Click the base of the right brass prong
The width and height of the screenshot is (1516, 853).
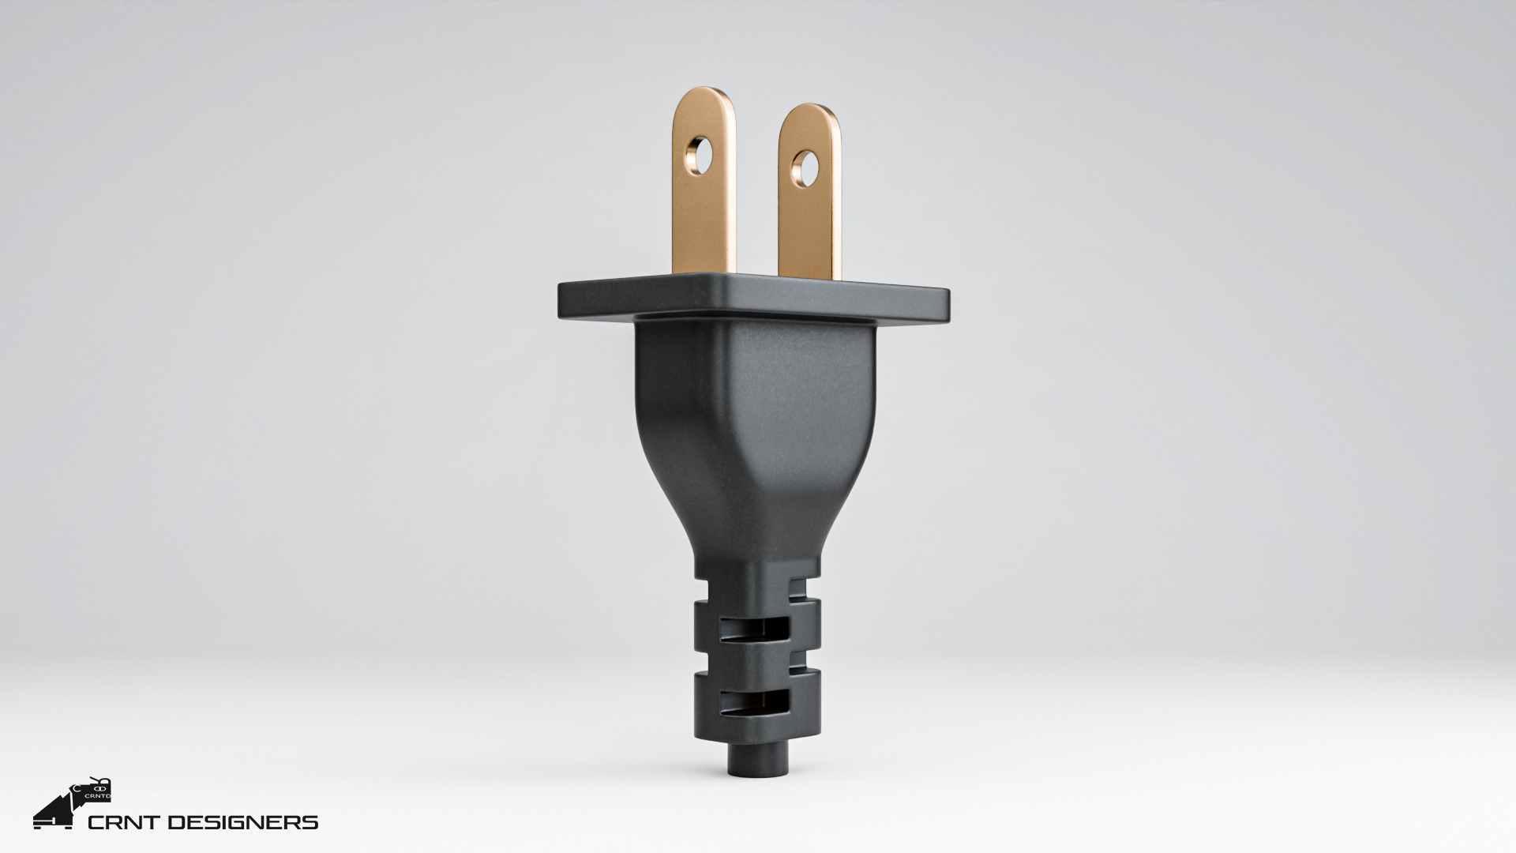[809, 269]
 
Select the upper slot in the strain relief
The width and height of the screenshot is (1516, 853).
[755, 629]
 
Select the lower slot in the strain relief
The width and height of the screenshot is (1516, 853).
[755, 701]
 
